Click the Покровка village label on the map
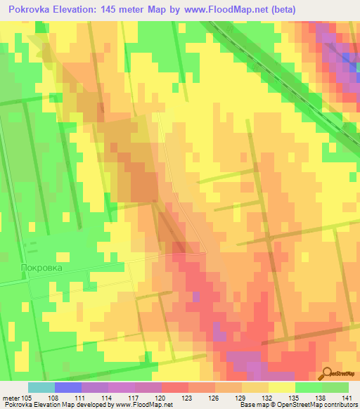pyautogui.click(x=41, y=268)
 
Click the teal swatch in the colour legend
pyautogui.click(x=41, y=387)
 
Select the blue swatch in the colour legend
pyautogui.click(x=68, y=387)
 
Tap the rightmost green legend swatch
pyautogui.click(x=335, y=387)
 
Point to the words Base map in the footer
pyautogui.click(x=252, y=404)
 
